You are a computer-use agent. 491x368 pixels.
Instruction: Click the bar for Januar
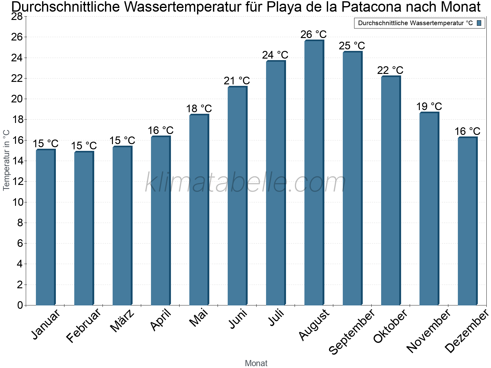pyautogui.click(x=45, y=227)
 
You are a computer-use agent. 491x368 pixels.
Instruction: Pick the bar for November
pyautogui.click(x=429, y=209)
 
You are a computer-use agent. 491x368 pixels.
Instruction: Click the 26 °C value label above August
pyautogui.click(x=313, y=34)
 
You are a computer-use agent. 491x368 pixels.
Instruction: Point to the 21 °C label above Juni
pyautogui.click(x=237, y=81)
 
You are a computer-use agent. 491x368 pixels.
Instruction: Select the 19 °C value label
pyautogui.click(x=429, y=107)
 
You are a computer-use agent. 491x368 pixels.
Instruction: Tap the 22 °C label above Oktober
pyautogui.click(x=390, y=71)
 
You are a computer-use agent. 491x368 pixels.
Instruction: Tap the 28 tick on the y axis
pyautogui.click(x=17, y=17)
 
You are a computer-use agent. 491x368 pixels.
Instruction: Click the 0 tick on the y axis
pyautogui.click(x=20, y=305)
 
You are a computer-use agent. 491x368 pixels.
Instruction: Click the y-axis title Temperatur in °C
pyautogui.click(x=6, y=160)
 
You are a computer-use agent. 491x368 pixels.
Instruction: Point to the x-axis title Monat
pyautogui.click(x=256, y=363)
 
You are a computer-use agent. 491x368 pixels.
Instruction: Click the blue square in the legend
pyautogui.click(x=479, y=23)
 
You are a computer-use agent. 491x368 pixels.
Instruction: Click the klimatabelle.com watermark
pyautogui.click(x=245, y=183)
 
